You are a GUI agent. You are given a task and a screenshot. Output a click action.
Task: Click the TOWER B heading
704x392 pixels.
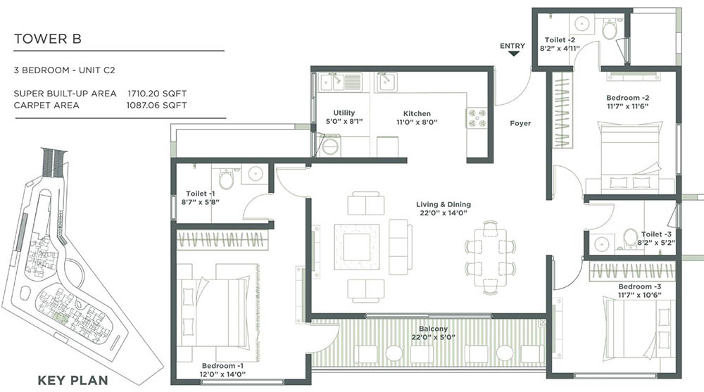point(48,39)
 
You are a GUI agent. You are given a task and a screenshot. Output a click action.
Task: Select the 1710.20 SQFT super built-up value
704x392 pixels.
point(157,93)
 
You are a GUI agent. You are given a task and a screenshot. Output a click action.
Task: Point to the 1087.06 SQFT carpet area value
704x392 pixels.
point(157,106)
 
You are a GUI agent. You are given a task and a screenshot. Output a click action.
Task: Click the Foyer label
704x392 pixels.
point(520,124)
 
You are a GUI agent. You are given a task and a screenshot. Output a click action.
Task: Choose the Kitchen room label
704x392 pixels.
point(417,113)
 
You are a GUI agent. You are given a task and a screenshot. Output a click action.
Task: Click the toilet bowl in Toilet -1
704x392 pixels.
point(225,179)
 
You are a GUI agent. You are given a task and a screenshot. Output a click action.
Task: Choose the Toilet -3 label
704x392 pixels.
point(657,234)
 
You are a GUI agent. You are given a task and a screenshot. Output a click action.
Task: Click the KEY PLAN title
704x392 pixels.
point(73,381)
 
